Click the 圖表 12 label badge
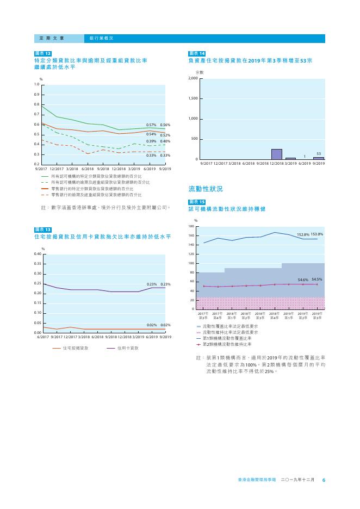click(43, 53)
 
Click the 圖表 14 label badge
click(197, 53)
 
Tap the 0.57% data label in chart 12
click(152, 125)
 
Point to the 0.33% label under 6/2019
click(152, 156)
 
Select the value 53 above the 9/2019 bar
click(318, 154)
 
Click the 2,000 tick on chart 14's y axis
click(193, 79)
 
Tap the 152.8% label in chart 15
click(303, 234)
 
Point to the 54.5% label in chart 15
click(317, 279)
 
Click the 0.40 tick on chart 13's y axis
click(37, 254)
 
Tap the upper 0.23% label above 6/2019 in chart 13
click(152, 284)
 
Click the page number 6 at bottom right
click(324, 480)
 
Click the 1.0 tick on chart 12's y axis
click(36, 85)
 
